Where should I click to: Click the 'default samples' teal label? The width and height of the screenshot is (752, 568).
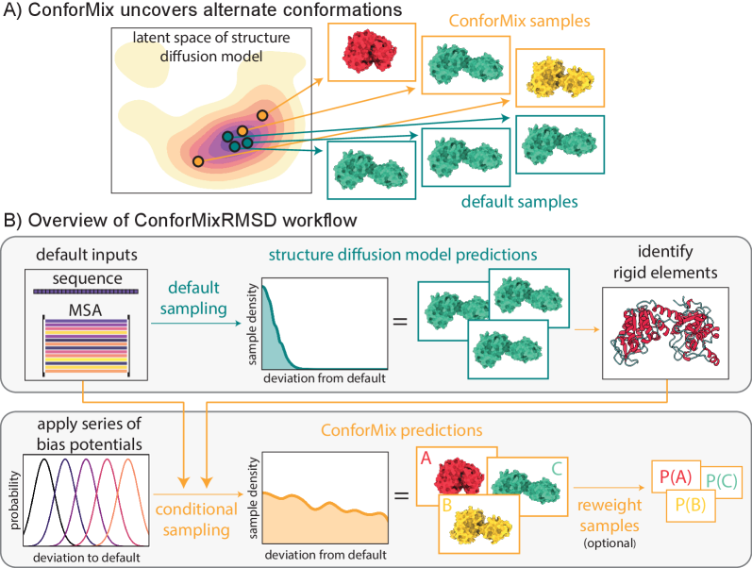pyautogui.click(x=518, y=202)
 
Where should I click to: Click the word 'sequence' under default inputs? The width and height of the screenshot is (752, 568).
pyautogui.click(x=89, y=278)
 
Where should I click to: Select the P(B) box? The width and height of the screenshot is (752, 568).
pyautogui.click(x=691, y=507)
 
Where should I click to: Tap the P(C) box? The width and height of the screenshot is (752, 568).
pyautogui.click(x=722, y=482)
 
